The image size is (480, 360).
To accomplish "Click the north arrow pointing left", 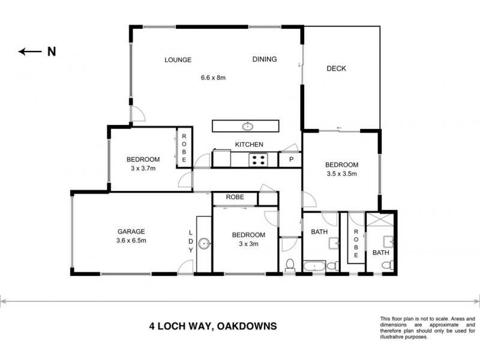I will coord(29,52).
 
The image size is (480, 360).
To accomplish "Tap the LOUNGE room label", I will coord(178,59).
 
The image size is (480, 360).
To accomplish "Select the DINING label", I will coord(264,59).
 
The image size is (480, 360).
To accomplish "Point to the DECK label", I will coord(337,68).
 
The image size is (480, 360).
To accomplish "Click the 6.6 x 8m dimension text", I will coord(217,77).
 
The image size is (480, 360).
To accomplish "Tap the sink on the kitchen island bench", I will coord(247,126).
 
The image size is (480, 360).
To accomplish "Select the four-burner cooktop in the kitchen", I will coord(259,160).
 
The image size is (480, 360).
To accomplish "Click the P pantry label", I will coord(291,160).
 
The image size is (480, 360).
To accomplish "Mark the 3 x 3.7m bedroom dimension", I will coord(143,169).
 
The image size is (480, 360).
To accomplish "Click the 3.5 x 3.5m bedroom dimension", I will coord(341,175).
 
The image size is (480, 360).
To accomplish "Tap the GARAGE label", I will coord(131,231).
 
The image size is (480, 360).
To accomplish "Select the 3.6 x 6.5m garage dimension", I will coord(131,241).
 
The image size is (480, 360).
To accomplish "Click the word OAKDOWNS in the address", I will coord(247,327).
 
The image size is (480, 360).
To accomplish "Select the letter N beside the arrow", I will coord(52,52).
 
